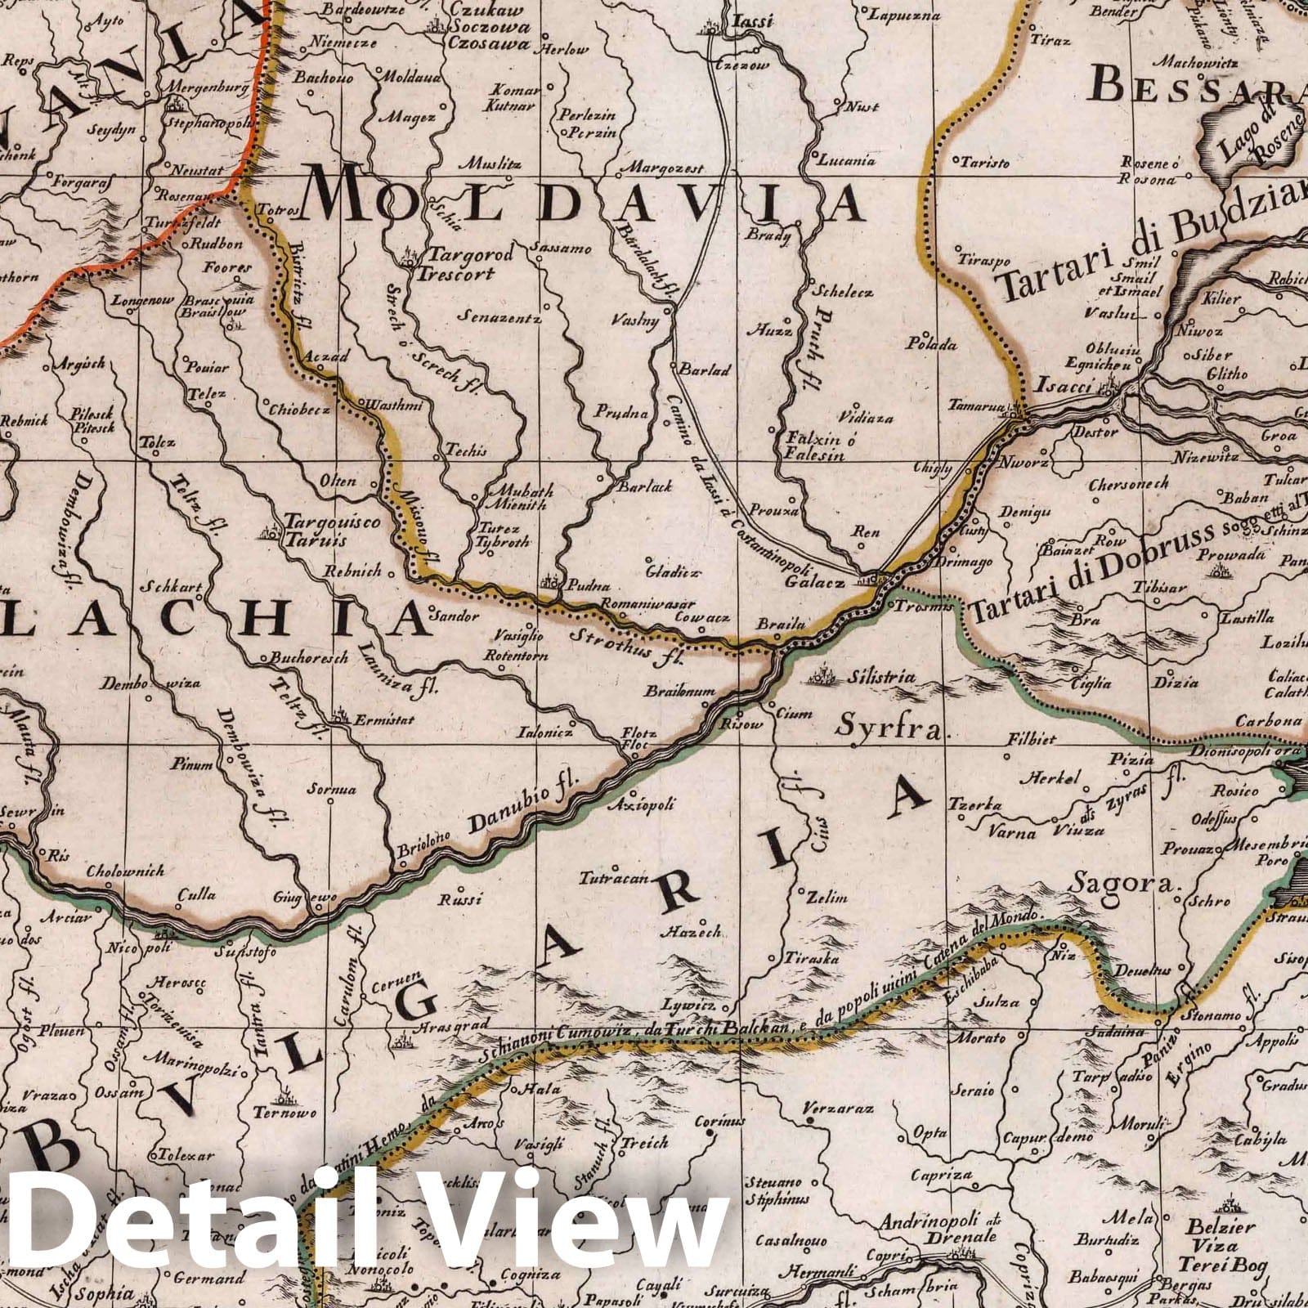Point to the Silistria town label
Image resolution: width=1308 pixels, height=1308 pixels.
880,678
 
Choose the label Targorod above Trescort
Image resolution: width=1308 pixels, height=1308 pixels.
465,255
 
